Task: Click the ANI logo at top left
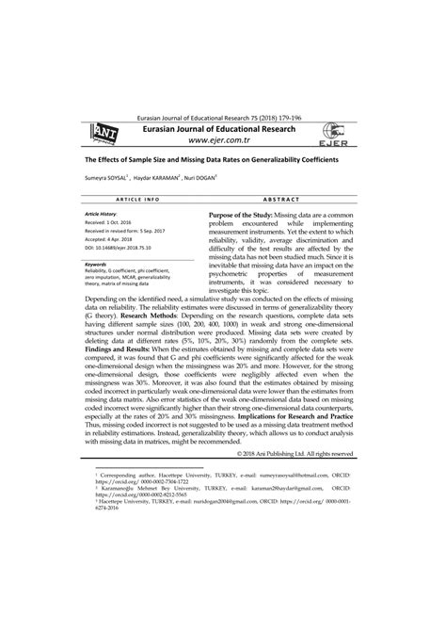(96, 138)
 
